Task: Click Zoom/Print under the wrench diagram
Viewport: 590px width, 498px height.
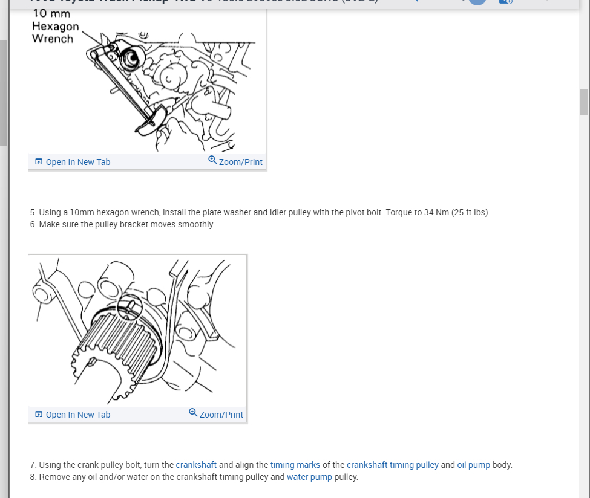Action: point(235,162)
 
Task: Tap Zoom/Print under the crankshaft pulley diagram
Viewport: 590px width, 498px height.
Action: point(216,415)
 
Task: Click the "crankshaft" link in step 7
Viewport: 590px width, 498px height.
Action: point(196,465)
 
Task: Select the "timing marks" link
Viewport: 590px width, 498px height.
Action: point(295,465)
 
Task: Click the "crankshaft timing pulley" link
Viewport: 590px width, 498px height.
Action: point(392,465)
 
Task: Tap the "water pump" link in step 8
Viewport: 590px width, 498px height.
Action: point(309,477)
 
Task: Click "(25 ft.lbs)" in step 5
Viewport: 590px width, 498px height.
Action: point(470,212)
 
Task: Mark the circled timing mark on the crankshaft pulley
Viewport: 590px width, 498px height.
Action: point(129,307)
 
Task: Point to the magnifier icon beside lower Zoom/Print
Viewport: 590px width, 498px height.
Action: point(193,413)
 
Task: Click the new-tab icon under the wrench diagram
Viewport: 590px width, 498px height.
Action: point(39,162)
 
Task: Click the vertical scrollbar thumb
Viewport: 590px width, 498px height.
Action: point(584,102)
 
